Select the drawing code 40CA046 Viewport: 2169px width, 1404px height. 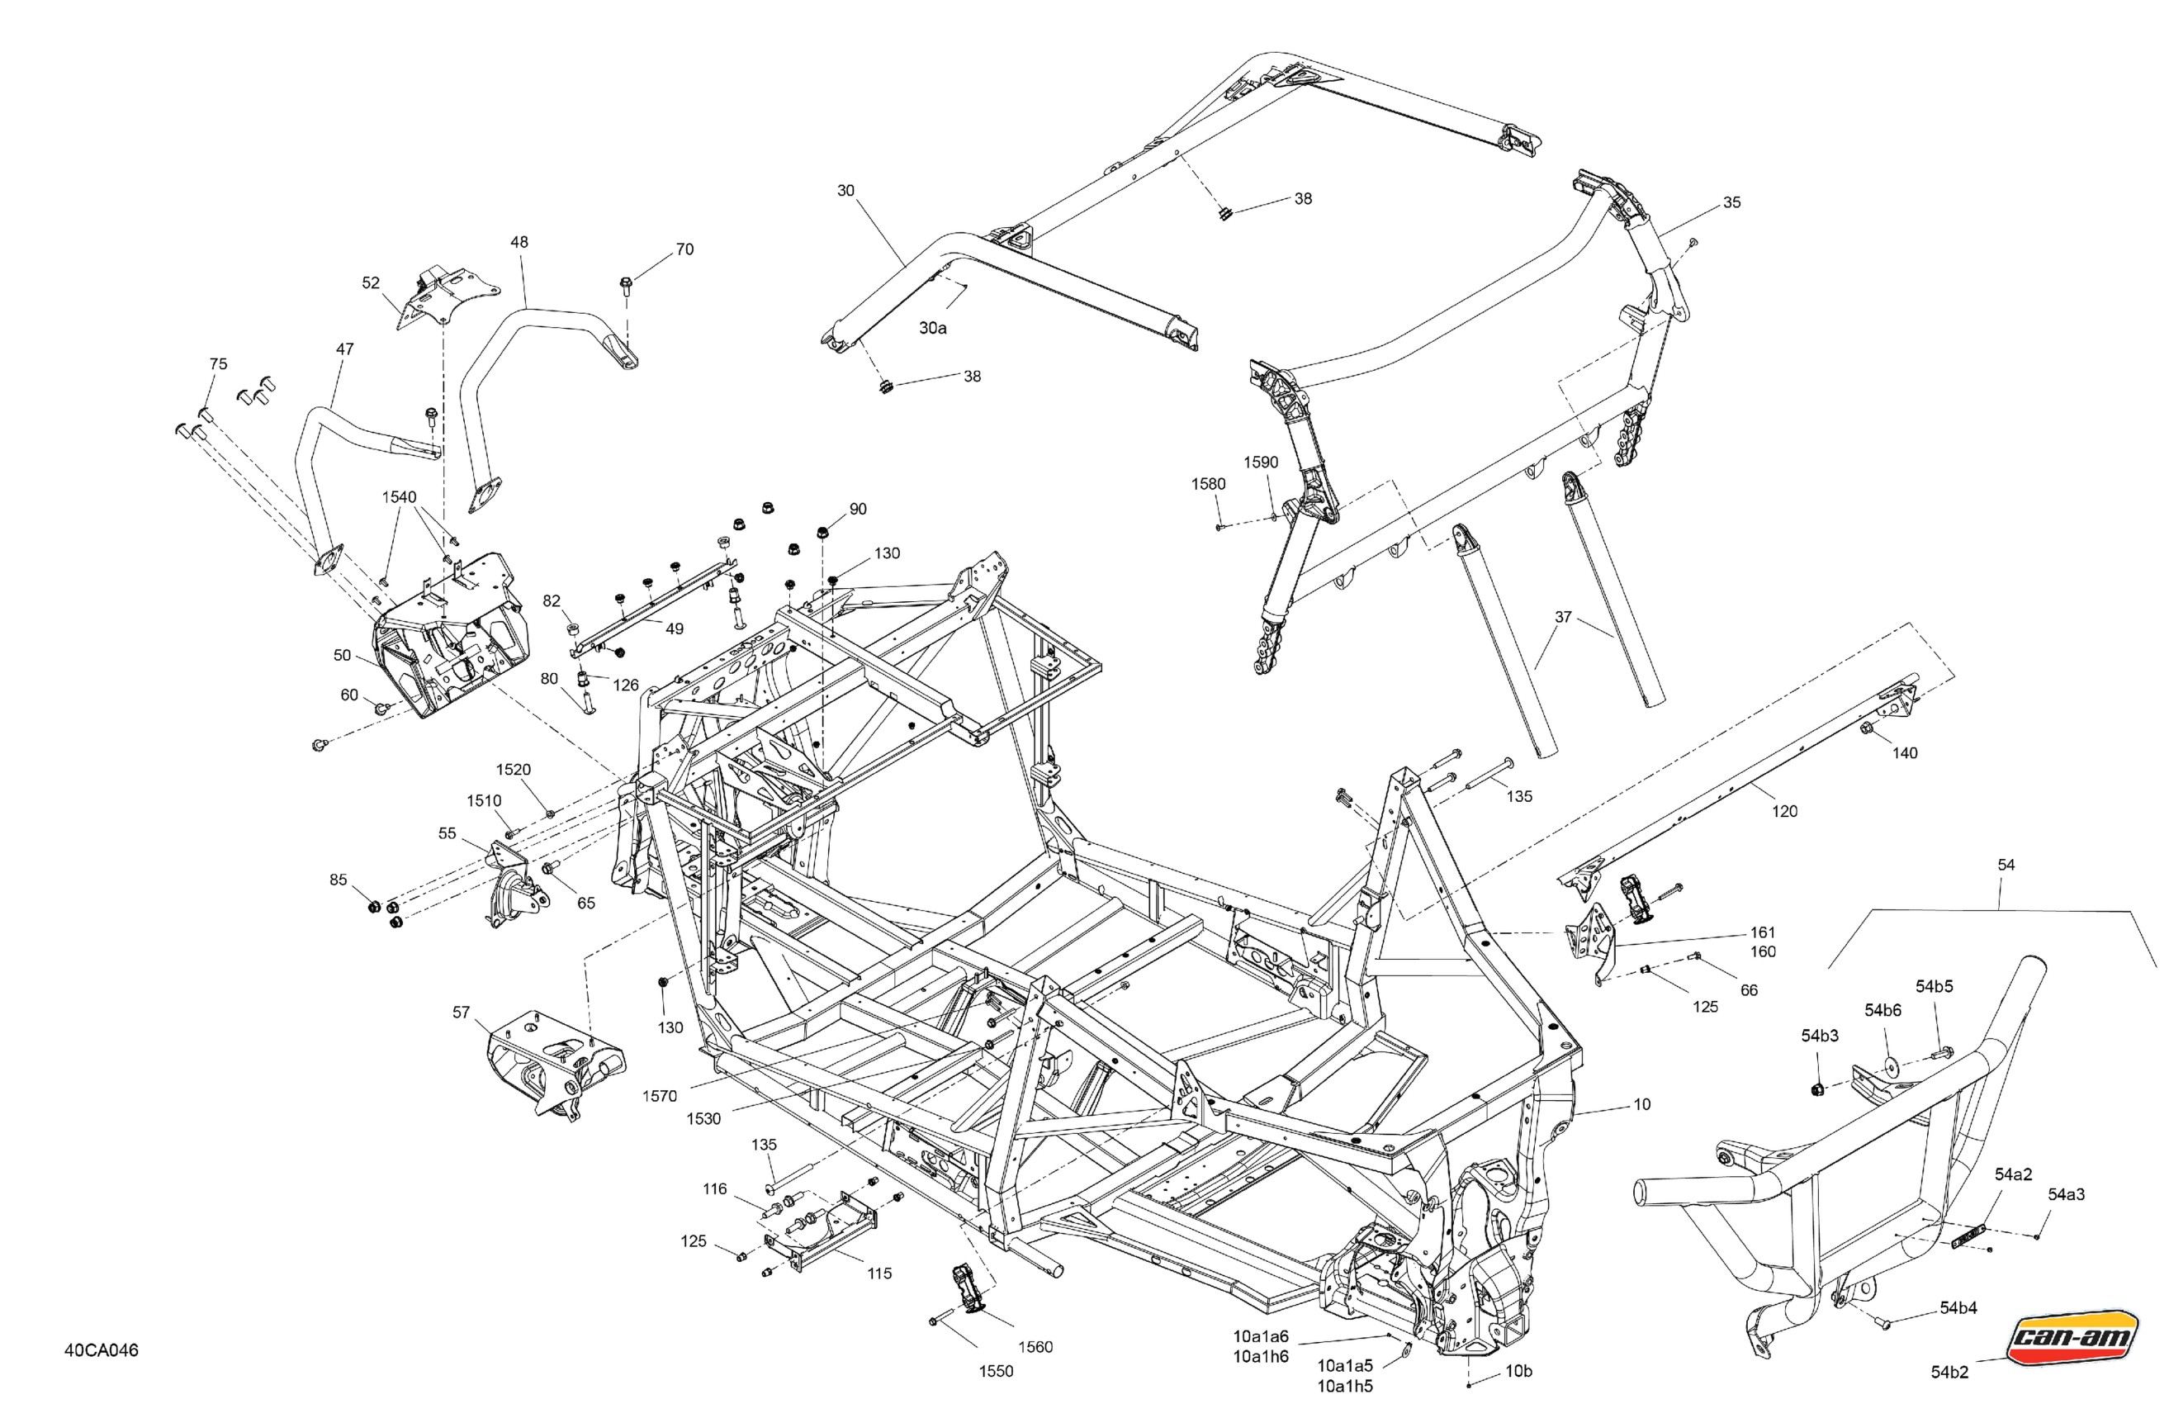pos(102,1350)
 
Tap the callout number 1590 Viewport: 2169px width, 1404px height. pos(1262,462)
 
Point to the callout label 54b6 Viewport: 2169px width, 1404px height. pos(1882,1009)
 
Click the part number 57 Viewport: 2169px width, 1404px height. pos(462,1012)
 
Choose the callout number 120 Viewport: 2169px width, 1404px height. pos(1784,810)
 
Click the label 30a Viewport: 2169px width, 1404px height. pos(932,328)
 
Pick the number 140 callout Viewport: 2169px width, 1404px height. pos(1905,753)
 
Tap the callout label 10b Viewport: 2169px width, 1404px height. pos(1519,1371)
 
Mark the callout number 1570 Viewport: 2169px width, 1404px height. pos(660,1097)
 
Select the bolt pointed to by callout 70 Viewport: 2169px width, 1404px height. pos(626,286)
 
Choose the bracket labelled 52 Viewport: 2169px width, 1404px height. pos(447,295)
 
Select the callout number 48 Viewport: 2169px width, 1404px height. pos(519,243)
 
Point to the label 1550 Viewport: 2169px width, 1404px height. pos(995,1371)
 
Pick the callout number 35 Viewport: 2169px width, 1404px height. pos(1731,202)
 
